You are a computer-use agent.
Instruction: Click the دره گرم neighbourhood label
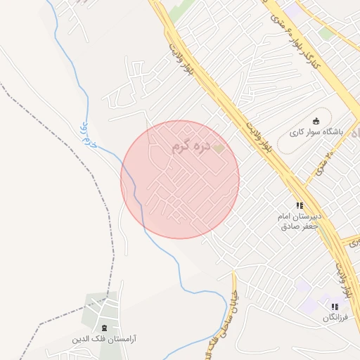point(191,148)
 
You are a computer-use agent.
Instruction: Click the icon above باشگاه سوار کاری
point(316,120)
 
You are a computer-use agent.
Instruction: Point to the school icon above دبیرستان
point(300,205)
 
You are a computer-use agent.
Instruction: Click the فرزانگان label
point(335,317)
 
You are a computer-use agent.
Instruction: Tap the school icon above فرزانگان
point(335,307)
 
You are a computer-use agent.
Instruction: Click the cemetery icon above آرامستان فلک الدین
point(105,328)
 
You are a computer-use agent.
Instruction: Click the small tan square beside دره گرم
point(219,148)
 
